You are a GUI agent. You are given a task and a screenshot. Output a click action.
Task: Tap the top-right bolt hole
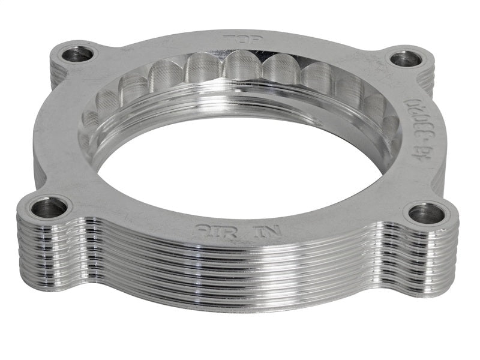click(x=406, y=58)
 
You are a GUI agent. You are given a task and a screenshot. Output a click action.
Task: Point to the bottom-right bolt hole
click(x=427, y=213)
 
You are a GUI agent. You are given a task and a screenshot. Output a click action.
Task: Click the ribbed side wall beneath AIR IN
click(x=234, y=270)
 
